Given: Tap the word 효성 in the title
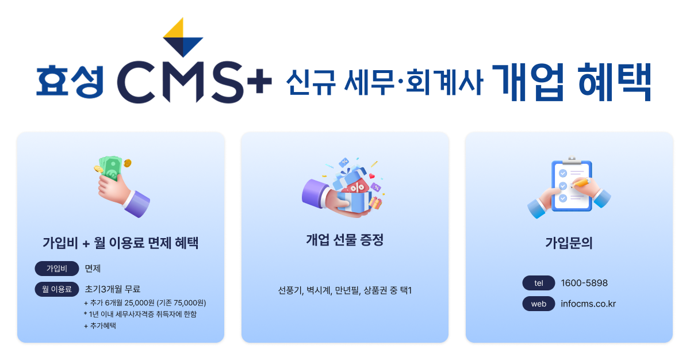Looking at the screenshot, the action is (x=70, y=82).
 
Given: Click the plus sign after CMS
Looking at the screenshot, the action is (x=259, y=81).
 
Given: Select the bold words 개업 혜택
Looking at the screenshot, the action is (x=572, y=82).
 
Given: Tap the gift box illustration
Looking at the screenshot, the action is (x=344, y=187).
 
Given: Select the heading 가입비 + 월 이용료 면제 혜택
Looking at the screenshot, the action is (x=120, y=243).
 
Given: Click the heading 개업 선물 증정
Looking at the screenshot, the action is (x=344, y=240).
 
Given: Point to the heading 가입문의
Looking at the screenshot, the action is (x=569, y=243).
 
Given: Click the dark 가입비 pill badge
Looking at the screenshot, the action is (x=57, y=269).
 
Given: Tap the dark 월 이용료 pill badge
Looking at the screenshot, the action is (x=57, y=289).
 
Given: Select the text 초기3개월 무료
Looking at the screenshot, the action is (x=113, y=289).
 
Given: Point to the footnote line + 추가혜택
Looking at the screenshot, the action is (x=100, y=326).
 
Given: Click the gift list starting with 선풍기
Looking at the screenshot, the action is (x=344, y=290).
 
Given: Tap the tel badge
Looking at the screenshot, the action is (x=538, y=283).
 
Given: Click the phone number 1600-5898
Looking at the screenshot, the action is (x=584, y=283).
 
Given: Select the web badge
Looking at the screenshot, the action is (x=538, y=304).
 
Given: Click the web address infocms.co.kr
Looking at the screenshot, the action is (x=588, y=304).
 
